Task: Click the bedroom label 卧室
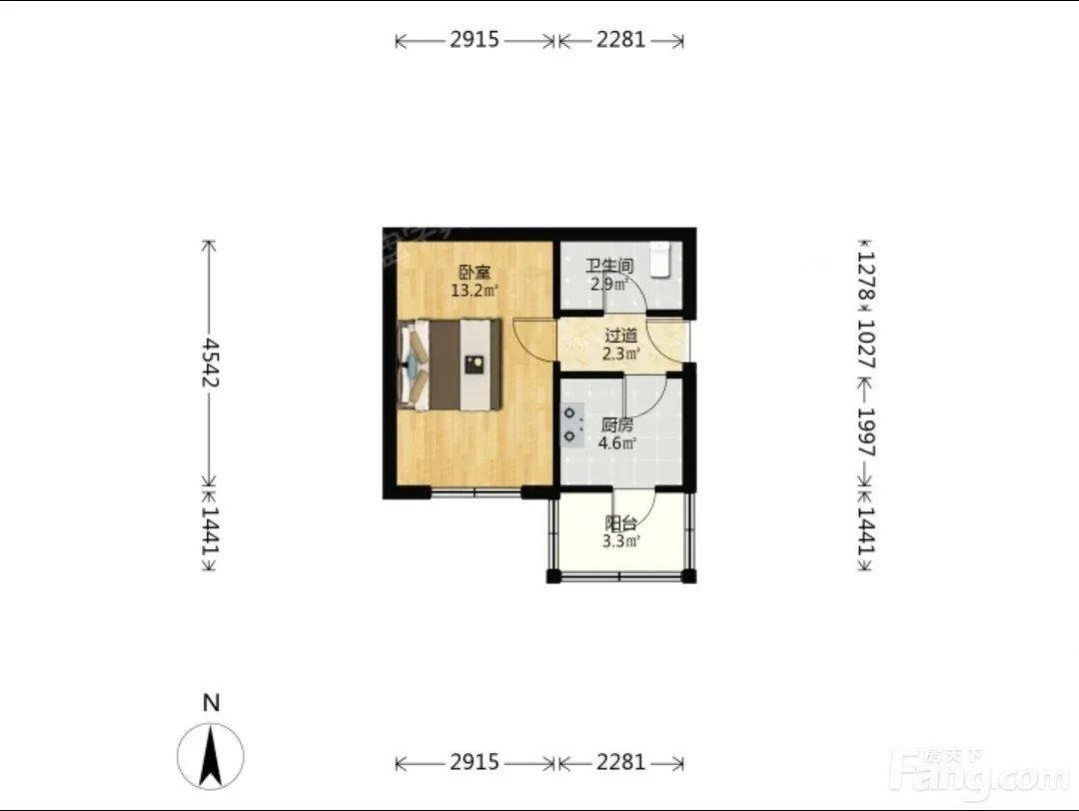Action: pyautogui.click(x=475, y=273)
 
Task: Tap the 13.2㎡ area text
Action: pyautogui.click(x=475, y=291)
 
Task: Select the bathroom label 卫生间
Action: pyautogui.click(x=609, y=266)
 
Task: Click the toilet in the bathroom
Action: pyautogui.click(x=660, y=260)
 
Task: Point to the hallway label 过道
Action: pyautogui.click(x=620, y=336)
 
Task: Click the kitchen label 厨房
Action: pyautogui.click(x=616, y=425)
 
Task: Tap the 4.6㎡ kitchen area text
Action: pyautogui.click(x=616, y=443)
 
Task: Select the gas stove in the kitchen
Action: pyautogui.click(x=572, y=425)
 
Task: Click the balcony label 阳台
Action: pyautogui.click(x=620, y=523)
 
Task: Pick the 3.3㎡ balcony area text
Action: pyautogui.click(x=620, y=541)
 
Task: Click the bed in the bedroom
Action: pyautogui.click(x=450, y=365)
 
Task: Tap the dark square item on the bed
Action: pyautogui.click(x=474, y=364)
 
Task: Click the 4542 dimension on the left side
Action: pyautogui.click(x=210, y=363)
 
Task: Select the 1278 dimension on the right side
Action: pyautogui.click(x=866, y=275)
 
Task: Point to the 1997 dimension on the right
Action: pyautogui.click(x=866, y=432)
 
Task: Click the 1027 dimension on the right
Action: pyautogui.click(x=866, y=344)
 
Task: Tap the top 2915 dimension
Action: pyautogui.click(x=475, y=40)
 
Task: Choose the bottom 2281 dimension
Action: pyautogui.click(x=620, y=762)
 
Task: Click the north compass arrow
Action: pyautogui.click(x=211, y=757)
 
